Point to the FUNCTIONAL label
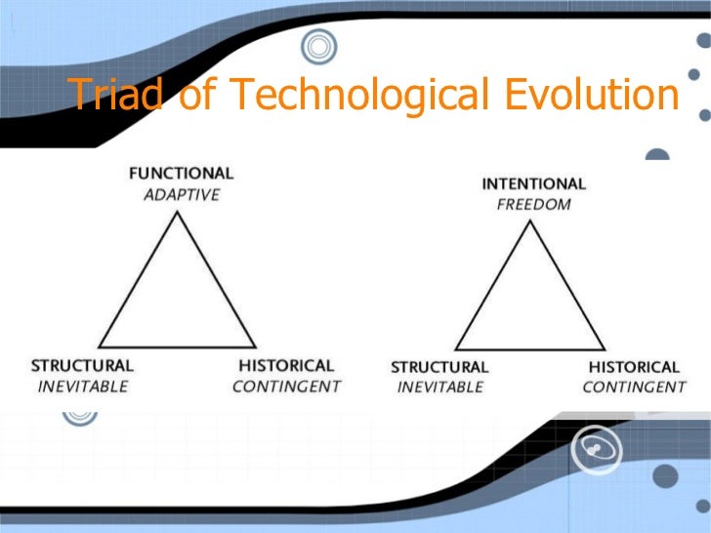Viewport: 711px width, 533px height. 182,174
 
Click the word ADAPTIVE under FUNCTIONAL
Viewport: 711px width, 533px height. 182,194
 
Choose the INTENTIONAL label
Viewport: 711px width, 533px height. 533,184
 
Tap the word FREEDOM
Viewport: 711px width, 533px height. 533,205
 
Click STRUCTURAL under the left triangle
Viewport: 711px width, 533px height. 82,365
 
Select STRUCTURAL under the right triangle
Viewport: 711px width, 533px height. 439,367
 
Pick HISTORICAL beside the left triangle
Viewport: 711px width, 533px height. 285,365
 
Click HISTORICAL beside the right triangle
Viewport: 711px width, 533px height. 634,367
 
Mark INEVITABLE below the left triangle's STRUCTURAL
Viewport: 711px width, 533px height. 82,386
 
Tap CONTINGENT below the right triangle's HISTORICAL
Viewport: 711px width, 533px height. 634,388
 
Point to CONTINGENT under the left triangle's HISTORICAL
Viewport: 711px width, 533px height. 286,386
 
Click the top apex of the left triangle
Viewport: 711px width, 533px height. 177,212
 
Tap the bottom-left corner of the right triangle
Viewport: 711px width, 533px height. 454,348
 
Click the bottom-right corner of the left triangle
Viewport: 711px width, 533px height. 256,347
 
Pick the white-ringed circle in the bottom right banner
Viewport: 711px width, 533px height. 596,447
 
